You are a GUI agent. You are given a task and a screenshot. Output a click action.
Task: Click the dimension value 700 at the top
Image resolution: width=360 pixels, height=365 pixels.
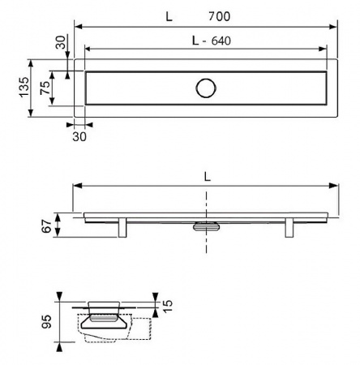click(x=219, y=16)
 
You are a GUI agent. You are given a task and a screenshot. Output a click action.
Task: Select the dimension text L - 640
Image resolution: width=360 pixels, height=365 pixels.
click(x=212, y=41)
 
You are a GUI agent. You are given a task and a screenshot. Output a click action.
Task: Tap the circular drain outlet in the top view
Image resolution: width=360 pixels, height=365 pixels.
click(x=206, y=88)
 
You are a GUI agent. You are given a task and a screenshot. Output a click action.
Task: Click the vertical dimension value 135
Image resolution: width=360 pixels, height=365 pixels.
click(x=24, y=87)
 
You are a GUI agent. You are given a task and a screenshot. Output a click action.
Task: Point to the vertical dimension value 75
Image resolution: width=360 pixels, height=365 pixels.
click(x=45, y=88)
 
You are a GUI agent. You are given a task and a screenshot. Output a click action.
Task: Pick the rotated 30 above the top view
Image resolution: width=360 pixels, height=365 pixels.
click(x=61, y=42)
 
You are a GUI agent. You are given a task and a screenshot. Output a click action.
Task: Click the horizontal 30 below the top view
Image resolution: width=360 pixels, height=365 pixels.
click(x=79, y=136)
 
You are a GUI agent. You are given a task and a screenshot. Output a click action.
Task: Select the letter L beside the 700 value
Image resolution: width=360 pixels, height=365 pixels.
click(x=169, y=17)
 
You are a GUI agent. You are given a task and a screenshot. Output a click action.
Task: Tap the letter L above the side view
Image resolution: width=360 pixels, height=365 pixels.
click(x=207, y=177)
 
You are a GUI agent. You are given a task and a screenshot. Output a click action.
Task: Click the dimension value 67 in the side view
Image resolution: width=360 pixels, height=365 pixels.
click(x=46, y=226)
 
